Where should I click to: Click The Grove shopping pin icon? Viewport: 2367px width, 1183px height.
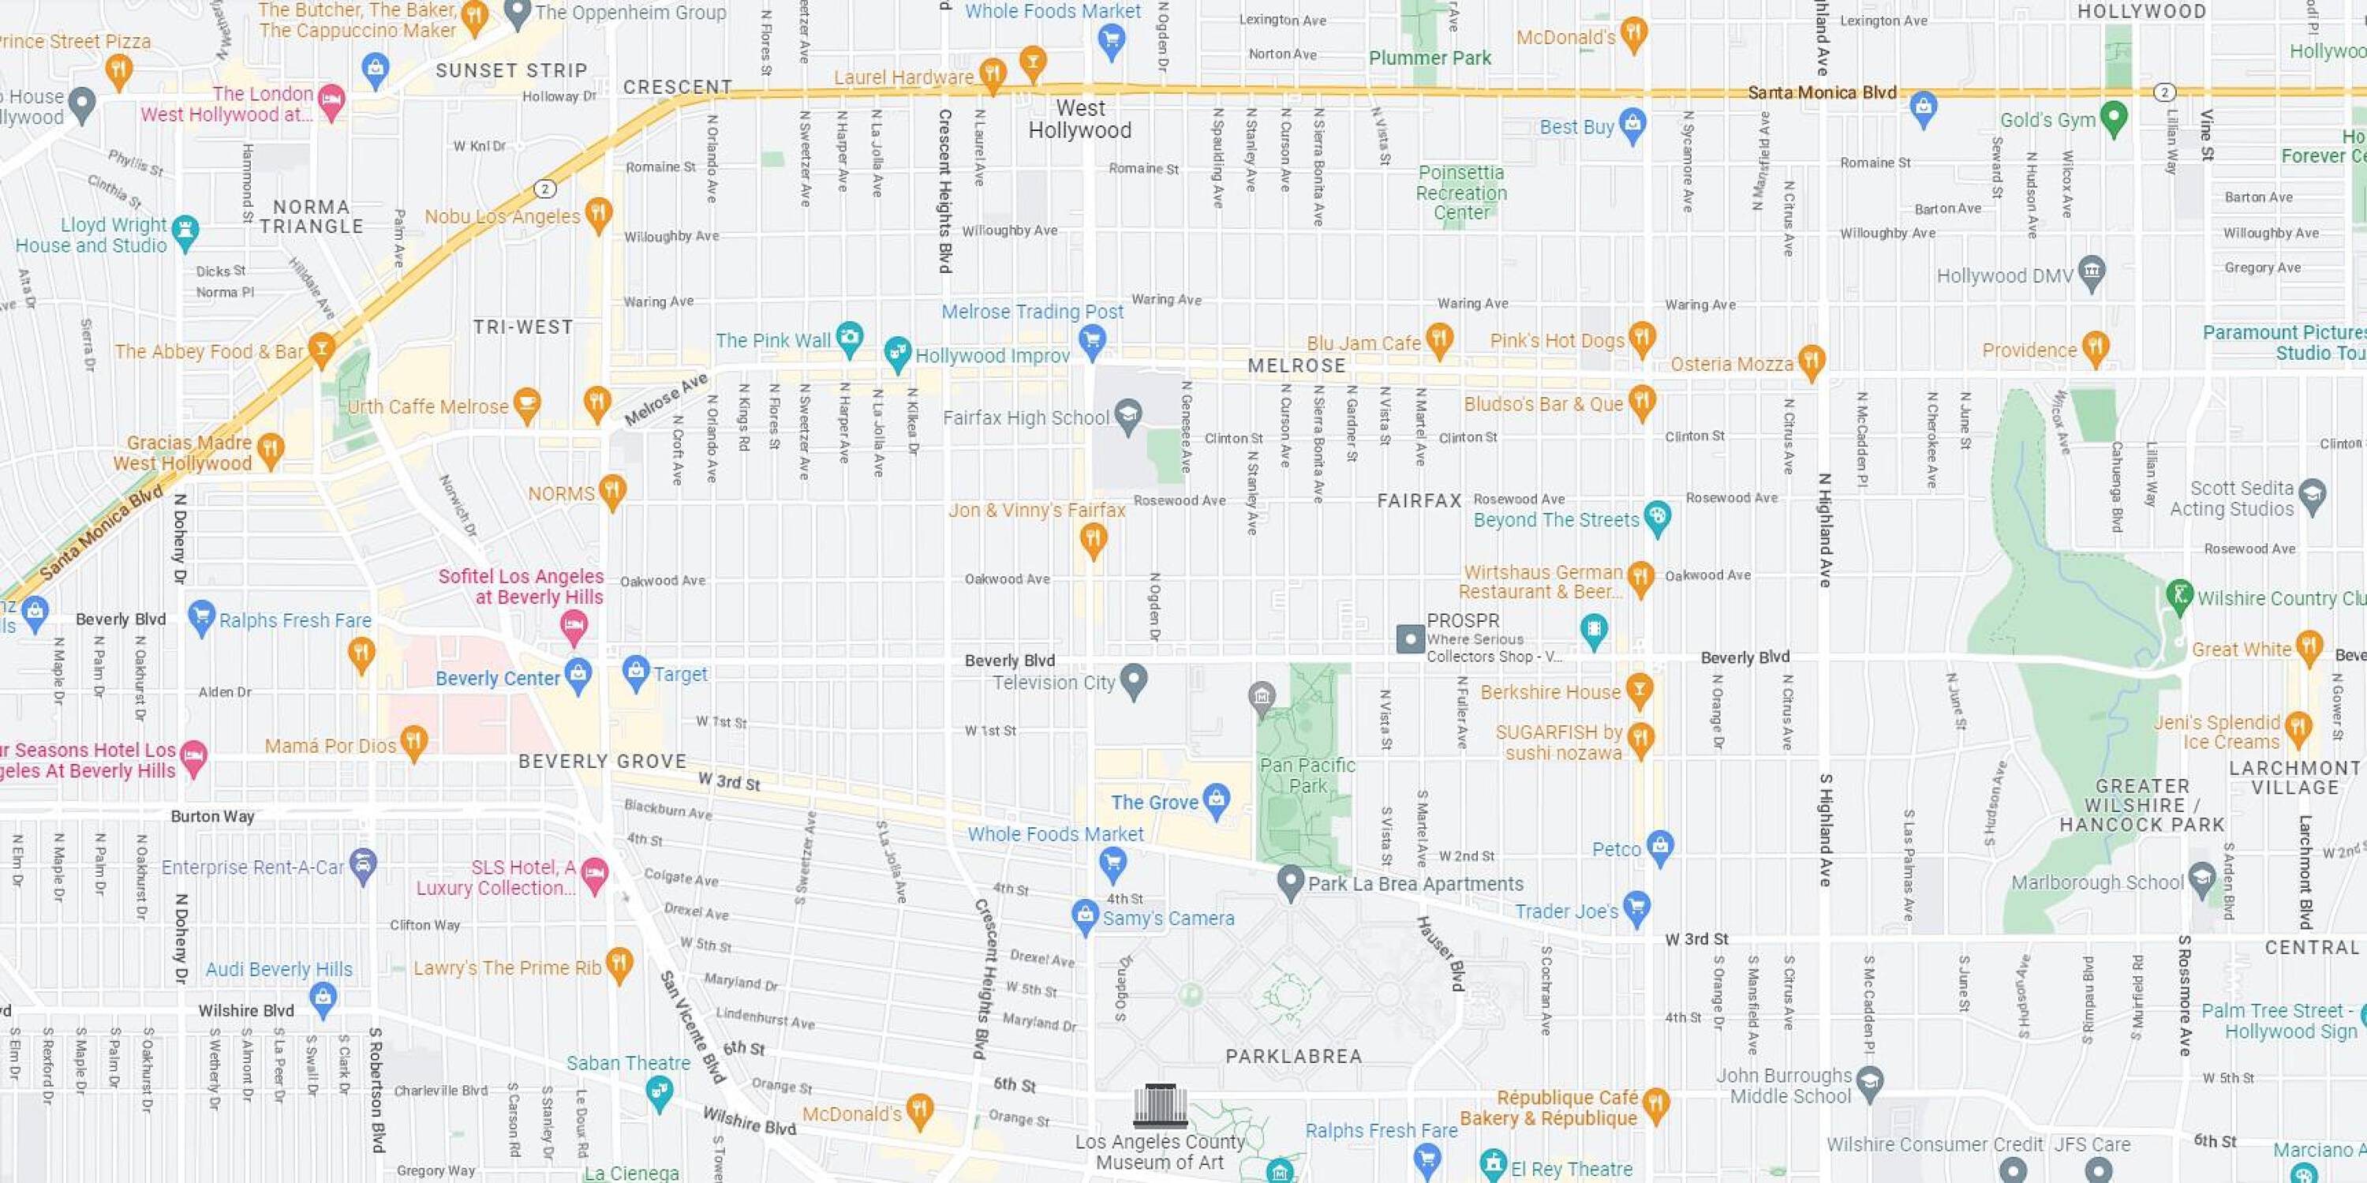(1216, 799)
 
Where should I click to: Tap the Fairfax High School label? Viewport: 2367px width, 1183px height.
(1026, 418)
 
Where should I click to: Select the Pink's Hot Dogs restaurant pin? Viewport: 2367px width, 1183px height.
(1641, 337)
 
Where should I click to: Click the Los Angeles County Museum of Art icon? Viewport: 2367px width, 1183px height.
(1160, 1106)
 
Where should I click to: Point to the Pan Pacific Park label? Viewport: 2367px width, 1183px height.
(1307, 775)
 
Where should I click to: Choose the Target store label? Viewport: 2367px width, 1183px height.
(680, 674)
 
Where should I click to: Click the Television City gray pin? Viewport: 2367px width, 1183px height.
(1134, 680)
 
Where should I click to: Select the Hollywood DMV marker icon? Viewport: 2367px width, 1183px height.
(2092, 271)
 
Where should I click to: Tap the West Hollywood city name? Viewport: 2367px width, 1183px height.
(1079, 119)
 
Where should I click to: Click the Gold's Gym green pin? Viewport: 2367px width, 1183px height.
(2114, 117)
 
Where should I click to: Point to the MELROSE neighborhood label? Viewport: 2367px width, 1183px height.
(1296, 366)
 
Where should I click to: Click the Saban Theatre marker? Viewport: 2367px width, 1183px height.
(659, 1091)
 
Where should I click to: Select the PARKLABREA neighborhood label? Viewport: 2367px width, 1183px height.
(1293, 1056)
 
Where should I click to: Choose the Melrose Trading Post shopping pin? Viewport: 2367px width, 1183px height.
(1092, 340)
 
